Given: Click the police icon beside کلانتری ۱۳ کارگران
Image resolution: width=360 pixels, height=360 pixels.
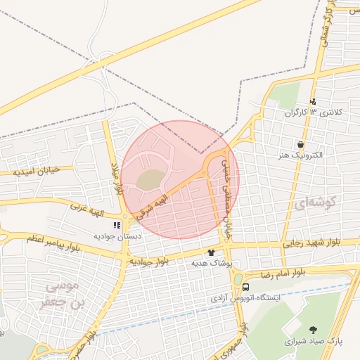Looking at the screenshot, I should tap(313, 101).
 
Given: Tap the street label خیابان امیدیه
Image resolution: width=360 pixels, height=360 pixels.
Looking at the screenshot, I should tap(42, 172).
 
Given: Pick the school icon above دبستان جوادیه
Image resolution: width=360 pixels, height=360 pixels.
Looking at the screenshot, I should tap(117, 226).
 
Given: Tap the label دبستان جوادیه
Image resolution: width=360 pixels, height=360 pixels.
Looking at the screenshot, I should tap(118, 236).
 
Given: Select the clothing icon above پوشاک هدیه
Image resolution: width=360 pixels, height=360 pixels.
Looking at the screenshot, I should tap(210, 252).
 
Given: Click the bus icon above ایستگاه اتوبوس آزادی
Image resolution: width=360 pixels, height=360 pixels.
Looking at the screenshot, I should tap(245, 288).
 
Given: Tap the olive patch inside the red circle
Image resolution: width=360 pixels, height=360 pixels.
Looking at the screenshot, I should tap(148, 180).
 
